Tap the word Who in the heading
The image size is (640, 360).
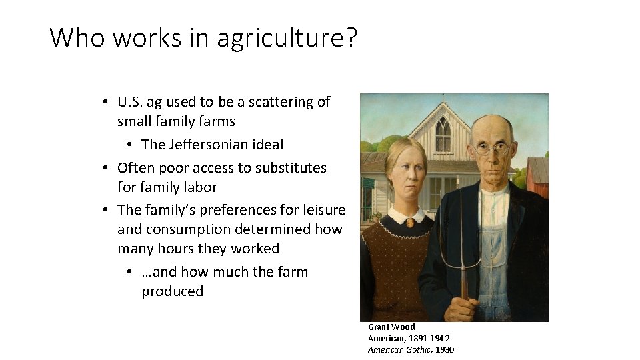[x=79, y=38]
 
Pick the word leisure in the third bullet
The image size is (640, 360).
[x=323, y=210]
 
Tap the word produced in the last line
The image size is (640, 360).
[x=172, y=291]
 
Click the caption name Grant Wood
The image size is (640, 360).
[x=391, y=327]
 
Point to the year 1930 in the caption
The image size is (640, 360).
[x=444, y=349]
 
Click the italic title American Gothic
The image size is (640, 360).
[x=399, y=349]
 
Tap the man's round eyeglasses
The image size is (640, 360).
[x=492, y=149]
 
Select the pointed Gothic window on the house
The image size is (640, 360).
[x=443, y=135]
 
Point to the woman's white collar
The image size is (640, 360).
[x=407, y=216]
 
